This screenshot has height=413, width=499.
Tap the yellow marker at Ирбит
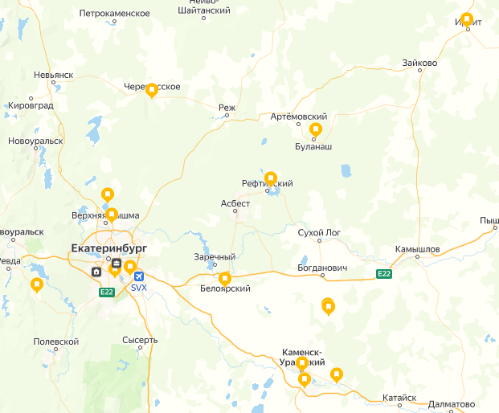467,19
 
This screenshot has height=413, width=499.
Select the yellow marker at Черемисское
151,91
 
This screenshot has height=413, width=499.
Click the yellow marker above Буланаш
316,129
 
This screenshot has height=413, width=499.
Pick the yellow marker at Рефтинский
271,178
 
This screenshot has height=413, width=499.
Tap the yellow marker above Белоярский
225,278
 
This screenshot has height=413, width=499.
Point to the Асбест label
235,203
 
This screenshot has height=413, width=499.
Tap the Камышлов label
417,249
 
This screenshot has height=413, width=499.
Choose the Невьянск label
53,74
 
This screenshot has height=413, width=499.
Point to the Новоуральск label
35,141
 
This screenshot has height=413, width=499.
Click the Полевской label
56,341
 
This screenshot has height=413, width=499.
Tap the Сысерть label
140,340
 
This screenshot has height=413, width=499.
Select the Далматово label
452,403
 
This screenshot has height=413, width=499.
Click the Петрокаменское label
115,14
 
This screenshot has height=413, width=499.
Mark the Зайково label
420,63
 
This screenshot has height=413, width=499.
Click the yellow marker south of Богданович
328,305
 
